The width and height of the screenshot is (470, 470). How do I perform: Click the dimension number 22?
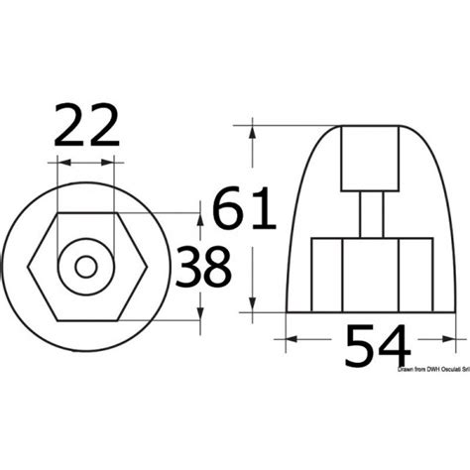89,127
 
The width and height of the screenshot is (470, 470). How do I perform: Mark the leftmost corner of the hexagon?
28,266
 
